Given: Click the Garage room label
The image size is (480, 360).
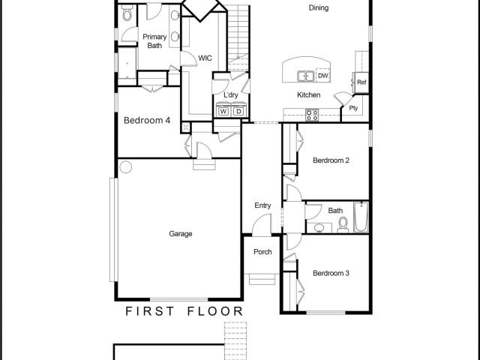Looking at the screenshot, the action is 181,234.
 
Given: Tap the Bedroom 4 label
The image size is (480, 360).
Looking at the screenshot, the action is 147,120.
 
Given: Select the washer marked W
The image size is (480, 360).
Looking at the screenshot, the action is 223,112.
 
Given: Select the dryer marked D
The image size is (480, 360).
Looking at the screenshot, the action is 238,112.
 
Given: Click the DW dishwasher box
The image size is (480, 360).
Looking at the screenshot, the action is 323,76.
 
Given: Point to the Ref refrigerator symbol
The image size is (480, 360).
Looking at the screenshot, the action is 361,82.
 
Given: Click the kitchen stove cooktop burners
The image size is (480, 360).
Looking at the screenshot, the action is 312,115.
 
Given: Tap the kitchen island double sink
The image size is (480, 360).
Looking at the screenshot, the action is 305,76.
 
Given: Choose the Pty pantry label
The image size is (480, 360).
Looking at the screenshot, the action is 353,108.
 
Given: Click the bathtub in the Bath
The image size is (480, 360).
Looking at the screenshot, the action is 361,217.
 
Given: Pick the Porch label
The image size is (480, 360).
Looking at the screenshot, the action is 262,252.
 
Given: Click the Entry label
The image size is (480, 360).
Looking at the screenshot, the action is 262,205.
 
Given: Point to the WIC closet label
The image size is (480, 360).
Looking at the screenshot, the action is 205,58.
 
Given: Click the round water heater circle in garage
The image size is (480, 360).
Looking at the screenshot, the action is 126,167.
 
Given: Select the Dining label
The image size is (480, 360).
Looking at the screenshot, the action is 319,8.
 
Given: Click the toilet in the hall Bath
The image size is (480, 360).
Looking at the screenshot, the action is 343,225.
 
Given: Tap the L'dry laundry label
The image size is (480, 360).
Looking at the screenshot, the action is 230,95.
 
